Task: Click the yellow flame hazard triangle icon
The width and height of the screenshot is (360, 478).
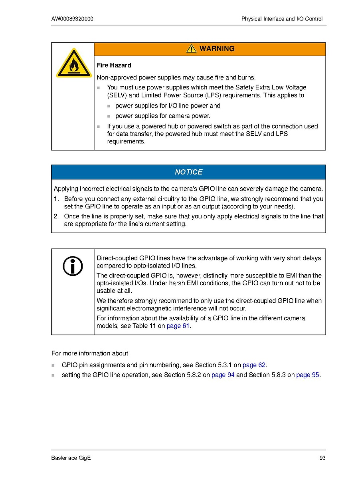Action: [x=72, y=64]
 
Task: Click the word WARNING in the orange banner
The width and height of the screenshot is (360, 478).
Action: [x=217, y=49]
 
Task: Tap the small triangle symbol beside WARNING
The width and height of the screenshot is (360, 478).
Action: [x=192, y=49]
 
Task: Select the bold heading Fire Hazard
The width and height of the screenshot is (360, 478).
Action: [x=114, y=65]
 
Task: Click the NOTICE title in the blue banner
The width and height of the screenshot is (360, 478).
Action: [x=188, y=172]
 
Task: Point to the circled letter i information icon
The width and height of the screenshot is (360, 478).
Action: [x=73, y=266]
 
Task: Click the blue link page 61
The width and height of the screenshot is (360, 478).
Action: [x=178, y=326]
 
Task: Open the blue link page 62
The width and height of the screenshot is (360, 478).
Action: [x=254, y=365]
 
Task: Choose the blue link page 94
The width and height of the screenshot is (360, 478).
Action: [x=223, y=375]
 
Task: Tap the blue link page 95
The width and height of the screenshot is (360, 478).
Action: [x=308, y=375]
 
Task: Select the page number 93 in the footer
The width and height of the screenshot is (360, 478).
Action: [x=322, y=458]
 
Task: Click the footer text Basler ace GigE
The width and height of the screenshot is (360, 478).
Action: [x=71, y=458]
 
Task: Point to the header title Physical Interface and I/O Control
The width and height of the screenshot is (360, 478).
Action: [x=282, y=19]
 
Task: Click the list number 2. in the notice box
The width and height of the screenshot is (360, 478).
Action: [x=56, y=216]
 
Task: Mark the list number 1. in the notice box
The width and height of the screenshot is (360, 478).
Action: [x=56, y=199]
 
